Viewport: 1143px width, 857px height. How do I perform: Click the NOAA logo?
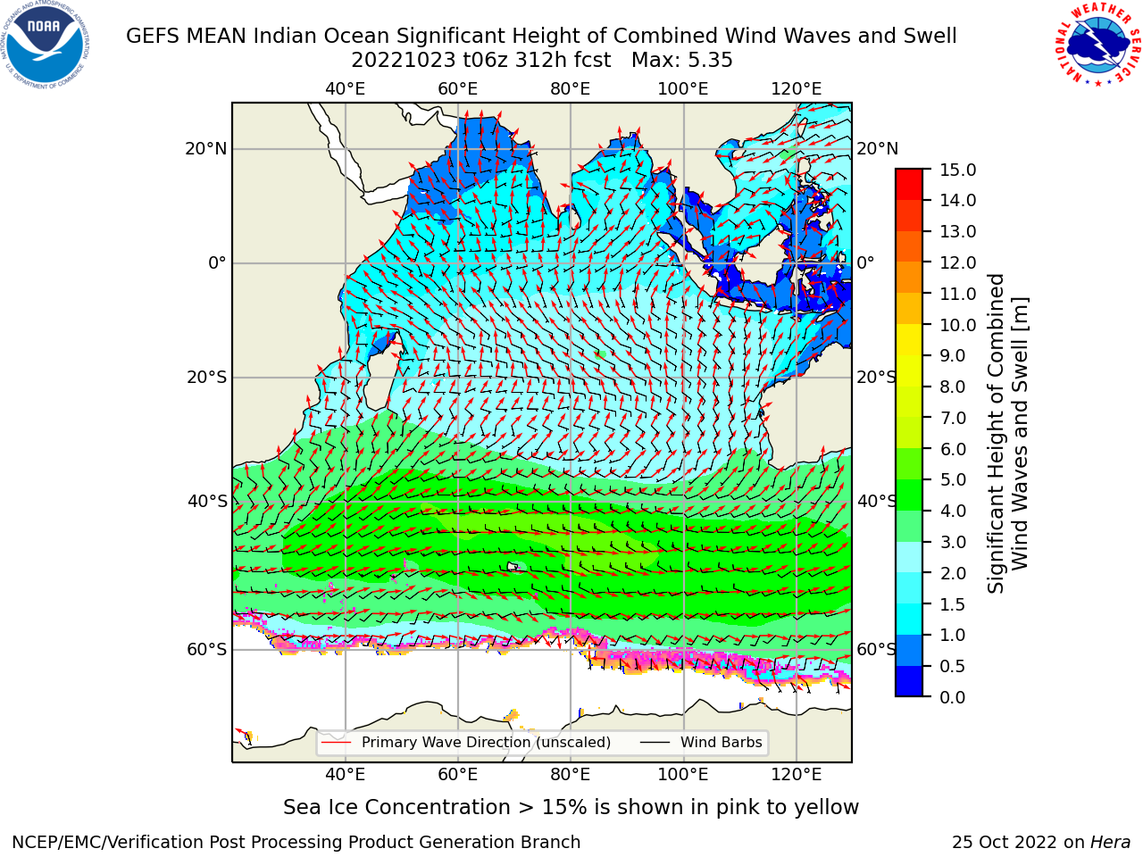click(46, 46)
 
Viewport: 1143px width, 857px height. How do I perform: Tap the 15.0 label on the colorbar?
click(958, 170)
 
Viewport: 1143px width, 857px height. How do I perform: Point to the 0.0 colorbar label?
click(953, 697)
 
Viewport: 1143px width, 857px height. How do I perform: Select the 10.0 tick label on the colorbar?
click(958, 325)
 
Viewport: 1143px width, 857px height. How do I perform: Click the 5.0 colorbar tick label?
click(953, 479)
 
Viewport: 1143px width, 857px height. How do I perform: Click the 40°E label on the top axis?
click(346, 89)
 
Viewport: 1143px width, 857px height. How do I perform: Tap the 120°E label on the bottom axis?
click(797, 775)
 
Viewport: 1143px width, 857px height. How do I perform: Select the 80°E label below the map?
click(571, 775)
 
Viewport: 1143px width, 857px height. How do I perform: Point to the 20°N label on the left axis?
click(206, 149)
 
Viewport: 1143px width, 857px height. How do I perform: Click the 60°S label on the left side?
click(207, 650)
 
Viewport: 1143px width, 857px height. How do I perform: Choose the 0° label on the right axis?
click(866, 262)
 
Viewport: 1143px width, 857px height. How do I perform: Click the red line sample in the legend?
click(337, 743)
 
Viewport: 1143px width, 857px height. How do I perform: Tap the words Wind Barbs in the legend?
click(722, 743)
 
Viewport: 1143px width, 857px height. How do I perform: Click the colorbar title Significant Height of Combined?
click(996, 434)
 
